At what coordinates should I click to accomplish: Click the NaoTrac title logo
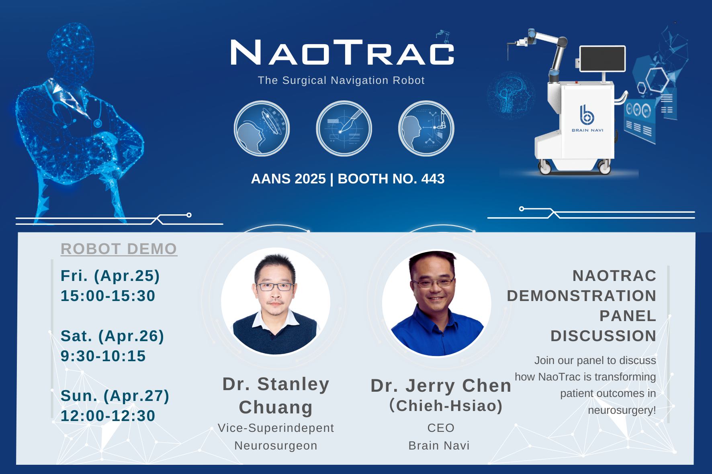(x=342, y=53)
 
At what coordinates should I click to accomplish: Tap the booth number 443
(x=433, y=179)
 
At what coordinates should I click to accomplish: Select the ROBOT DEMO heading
(x=119, y=249)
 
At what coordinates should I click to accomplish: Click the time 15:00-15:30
(x=108, y=296)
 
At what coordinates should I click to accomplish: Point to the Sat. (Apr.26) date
(x=112, y=336)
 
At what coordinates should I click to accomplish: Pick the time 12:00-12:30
(x=108, y=416)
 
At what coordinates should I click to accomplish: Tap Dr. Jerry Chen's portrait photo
(x=437, y=303)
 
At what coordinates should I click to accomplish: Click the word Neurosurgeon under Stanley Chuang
(x=276, y=446)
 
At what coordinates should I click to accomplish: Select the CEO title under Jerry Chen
(x=441, y=428)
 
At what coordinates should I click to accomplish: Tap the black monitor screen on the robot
(x=602, y=59)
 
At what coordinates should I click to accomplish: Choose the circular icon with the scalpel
(x=344, y=128)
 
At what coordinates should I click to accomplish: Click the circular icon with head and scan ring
(x=262, y=128)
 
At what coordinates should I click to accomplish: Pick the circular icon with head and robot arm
(x=426, y=128)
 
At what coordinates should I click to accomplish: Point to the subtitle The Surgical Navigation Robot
(x=341, y=81)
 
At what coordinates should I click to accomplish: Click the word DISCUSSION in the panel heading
(x=603, y=336)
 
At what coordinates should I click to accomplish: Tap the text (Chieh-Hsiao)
(x=446, y=406)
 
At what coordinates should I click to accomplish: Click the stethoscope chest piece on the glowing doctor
(x=98, y=123)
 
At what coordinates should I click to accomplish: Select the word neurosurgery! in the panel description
(x=622, y=410)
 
